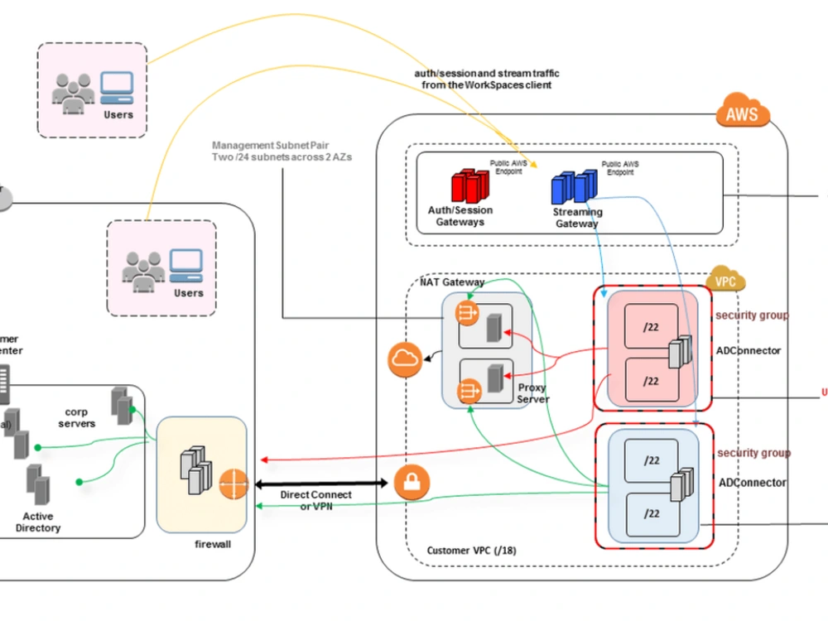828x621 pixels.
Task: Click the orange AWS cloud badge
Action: [741, 113]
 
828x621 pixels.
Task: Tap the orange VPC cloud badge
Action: [725, 281]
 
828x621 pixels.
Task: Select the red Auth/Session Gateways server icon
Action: [469, 186]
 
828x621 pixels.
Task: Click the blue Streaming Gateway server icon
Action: [574, 186]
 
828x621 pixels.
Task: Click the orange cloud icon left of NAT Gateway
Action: [404, 359]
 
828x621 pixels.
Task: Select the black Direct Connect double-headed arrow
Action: [324, 482]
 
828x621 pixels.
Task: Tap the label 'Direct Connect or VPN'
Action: [315, 500]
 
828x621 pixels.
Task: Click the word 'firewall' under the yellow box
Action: [212, 544]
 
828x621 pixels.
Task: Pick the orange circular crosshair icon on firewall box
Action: [234, 484]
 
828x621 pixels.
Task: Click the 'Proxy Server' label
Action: [533, 393]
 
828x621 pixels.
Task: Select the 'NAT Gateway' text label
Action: [452, 282]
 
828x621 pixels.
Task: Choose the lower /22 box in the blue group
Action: [651, 514]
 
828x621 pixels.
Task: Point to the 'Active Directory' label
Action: [38, 522]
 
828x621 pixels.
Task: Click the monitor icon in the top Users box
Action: [117, 85]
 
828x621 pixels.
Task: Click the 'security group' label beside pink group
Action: [752, 315]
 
